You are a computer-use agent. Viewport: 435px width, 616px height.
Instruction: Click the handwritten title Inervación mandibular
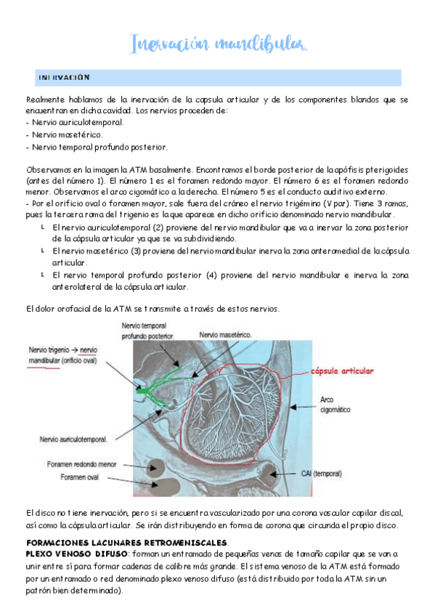[218, 44]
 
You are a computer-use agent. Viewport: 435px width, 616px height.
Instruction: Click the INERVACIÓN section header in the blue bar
[63, 77]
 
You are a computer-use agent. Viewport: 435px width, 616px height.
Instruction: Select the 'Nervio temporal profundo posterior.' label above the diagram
[148, 331]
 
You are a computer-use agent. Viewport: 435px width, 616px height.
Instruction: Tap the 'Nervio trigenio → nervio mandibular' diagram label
[62, 354]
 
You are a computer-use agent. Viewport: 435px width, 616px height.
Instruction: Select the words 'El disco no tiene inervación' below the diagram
[80, 513]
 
